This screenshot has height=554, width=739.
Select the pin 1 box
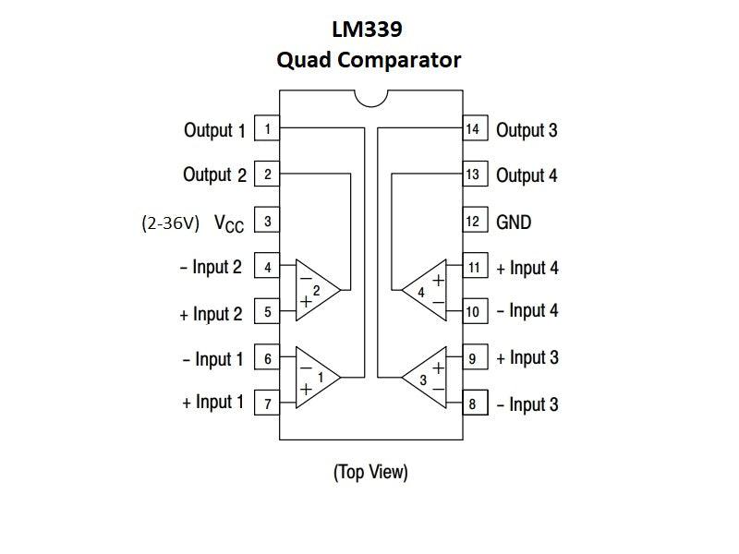click(x=267, y=129)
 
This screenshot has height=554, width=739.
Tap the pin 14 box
click(x=472, y=129)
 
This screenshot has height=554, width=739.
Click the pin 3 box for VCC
click(x=267, y=222)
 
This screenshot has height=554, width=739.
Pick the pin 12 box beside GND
click(x=472, y=222)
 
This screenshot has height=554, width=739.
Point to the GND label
click(x=514, y=222)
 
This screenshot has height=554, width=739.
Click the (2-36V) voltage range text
click(x=170, y=223)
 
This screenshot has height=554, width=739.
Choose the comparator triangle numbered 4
click(x=426, y=290)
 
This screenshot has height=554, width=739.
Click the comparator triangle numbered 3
click(x=426, y=377)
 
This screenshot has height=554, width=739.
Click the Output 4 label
click(x=527, y=175)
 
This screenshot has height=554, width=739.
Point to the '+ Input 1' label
click(x=213, y=403)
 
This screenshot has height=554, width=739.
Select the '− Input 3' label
click(x=527, y=404)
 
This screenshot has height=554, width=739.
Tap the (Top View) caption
click(x=369, y=472)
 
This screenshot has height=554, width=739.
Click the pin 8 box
click(x=472, y=404)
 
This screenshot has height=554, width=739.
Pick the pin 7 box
click(x=267, y=404)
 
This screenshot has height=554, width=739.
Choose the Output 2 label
click(x=214, y=175)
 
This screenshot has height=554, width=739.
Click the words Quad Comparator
click(x=369, y=60)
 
